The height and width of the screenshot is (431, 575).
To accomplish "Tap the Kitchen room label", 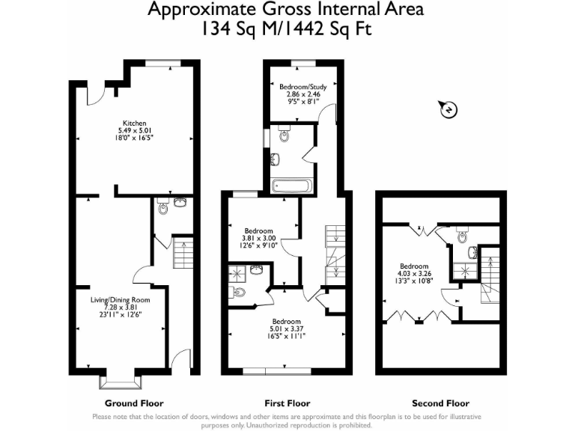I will pos(135,123).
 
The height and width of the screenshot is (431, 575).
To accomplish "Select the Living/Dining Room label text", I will pos(120,299).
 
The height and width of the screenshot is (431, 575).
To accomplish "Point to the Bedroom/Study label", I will pos(303,87).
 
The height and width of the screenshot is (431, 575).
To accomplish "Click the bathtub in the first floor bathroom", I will pos(292,185).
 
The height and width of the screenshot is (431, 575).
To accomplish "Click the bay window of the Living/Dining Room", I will pos(121,382).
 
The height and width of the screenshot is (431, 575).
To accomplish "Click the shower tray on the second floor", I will pos(465,271).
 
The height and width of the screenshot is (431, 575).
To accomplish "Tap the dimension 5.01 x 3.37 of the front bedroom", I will pos(287,327).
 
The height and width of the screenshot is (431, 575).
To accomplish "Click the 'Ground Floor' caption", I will pos(133,403).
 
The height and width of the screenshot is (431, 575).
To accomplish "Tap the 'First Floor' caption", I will pos(287,403).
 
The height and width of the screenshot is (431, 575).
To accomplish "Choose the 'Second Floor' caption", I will pos(441,403).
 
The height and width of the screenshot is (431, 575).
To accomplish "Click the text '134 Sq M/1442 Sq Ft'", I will pos(286,29).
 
